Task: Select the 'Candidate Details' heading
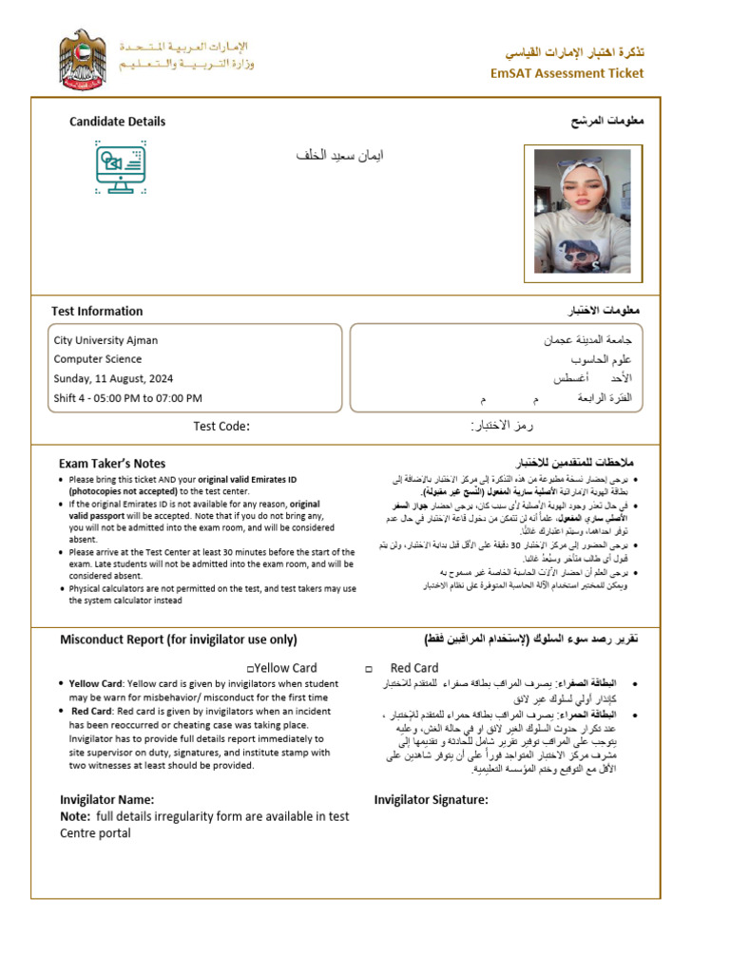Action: point(117,122)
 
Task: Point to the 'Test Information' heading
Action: point(97,311)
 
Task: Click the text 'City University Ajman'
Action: point(106,340)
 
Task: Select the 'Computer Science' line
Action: point(98,359)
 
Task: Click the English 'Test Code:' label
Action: point(221,427)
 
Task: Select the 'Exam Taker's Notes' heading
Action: point(112,463)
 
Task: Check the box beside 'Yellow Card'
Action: point(249,669)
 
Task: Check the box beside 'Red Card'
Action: point(368,669)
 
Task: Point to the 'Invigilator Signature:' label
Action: point(431,800)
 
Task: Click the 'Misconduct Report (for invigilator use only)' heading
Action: point(179,639)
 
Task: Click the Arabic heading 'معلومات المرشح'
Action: point(606,122)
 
